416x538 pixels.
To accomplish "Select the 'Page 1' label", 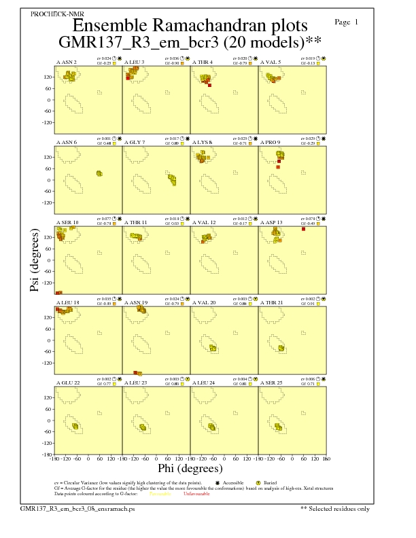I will tap(347, 22).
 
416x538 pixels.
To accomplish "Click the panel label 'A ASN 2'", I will tap(66, 62).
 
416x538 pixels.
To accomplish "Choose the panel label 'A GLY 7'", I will tap(134, 143).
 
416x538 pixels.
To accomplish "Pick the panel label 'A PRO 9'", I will tap(271, 143).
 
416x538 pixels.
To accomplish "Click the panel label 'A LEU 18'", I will tap(67, 302).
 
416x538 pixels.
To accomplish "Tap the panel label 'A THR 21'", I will tap(272, 302).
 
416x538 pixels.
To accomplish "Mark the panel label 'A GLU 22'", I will tap(67, 382).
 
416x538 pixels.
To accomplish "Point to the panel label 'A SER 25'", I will tap(271, 382).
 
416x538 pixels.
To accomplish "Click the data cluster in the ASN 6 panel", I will tap(99, 174).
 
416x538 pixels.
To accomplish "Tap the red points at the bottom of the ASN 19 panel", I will tap(138, 373).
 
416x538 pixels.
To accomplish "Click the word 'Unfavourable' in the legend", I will tap(196, 493).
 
